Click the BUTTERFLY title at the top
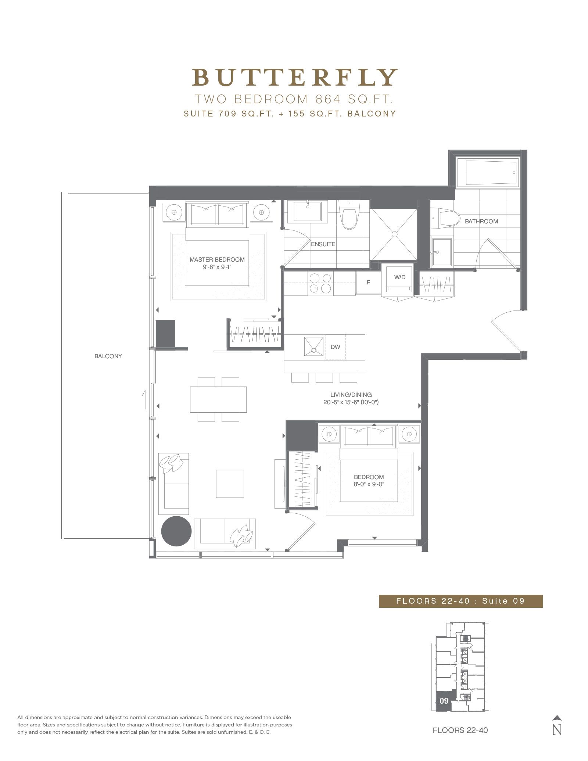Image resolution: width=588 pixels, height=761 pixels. [x=295, y=77]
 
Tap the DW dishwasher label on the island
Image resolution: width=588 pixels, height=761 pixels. [x=335, y=347]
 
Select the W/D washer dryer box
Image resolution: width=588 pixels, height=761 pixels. [x=399, y=280]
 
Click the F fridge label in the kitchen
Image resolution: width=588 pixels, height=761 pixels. [x=368, y=283]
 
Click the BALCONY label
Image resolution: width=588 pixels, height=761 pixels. [x=108, y=356]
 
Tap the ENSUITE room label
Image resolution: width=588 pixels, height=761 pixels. [x=323, y=244]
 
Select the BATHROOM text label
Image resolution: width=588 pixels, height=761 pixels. [x=481, y=221]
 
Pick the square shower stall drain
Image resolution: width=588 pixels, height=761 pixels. [x=394, y=234]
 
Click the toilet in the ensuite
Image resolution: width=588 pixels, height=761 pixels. [x=349, y=214]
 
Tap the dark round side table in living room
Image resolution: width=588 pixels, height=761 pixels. [x=176, y=531]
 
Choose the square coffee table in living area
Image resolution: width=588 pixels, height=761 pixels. [x=230, y=484]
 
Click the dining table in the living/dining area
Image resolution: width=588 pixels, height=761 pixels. [x=218, y=399]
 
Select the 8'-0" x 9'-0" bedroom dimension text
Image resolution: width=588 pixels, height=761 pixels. [x=369, y=484]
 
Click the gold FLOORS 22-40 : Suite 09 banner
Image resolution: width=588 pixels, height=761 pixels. [x=461, y=601]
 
